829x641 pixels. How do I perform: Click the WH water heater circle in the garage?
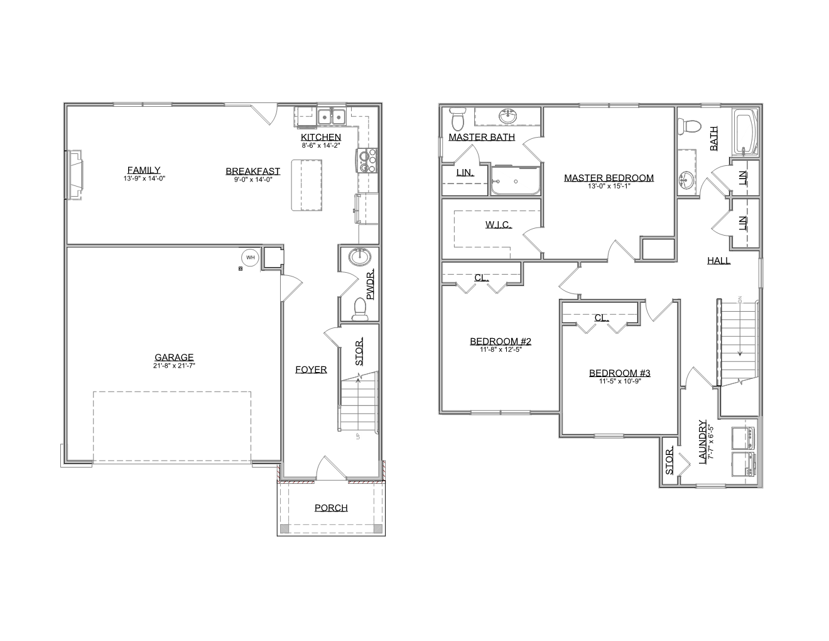pyautogui.click(x=250, y=257)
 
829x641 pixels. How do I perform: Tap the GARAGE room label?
pyautogui.click(x=174, y=357)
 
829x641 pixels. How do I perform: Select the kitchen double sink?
pyautogui.click(x=331, y=116)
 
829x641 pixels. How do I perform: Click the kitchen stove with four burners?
pyautogui.click(x=367, y=160)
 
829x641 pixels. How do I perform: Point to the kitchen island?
pyautogui.click(x=306, y=185)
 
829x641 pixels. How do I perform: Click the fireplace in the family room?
pyautogui.click(x=74, y=175)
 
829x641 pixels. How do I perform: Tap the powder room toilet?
pyautogui.click(x=359, y=309)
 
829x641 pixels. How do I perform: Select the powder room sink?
pyautogui.click(x=360, y=257)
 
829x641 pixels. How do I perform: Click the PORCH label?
pyautogui.click(x=331, y=508)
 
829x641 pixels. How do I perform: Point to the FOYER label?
pyautogui.click(x=311, y=369)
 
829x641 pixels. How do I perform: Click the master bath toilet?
pyautogui.click(x=457, y=119)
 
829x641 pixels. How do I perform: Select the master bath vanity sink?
pyautogui.click(x=508, y=116)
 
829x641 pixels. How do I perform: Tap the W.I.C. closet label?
pyautogui.click(x=498, y=224)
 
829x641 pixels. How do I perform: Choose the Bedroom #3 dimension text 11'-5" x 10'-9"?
pyautogui.click(x=620, y=381)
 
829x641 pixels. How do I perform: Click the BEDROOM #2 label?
pyautogui.click(x=501, y=341)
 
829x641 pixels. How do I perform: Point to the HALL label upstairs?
pyautogui.click(x=718, y=261)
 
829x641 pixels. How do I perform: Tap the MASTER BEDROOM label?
pyautogui.click(x=609, y=177)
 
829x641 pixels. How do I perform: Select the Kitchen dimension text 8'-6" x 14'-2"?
pyautogui.click(x=321, y=145)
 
